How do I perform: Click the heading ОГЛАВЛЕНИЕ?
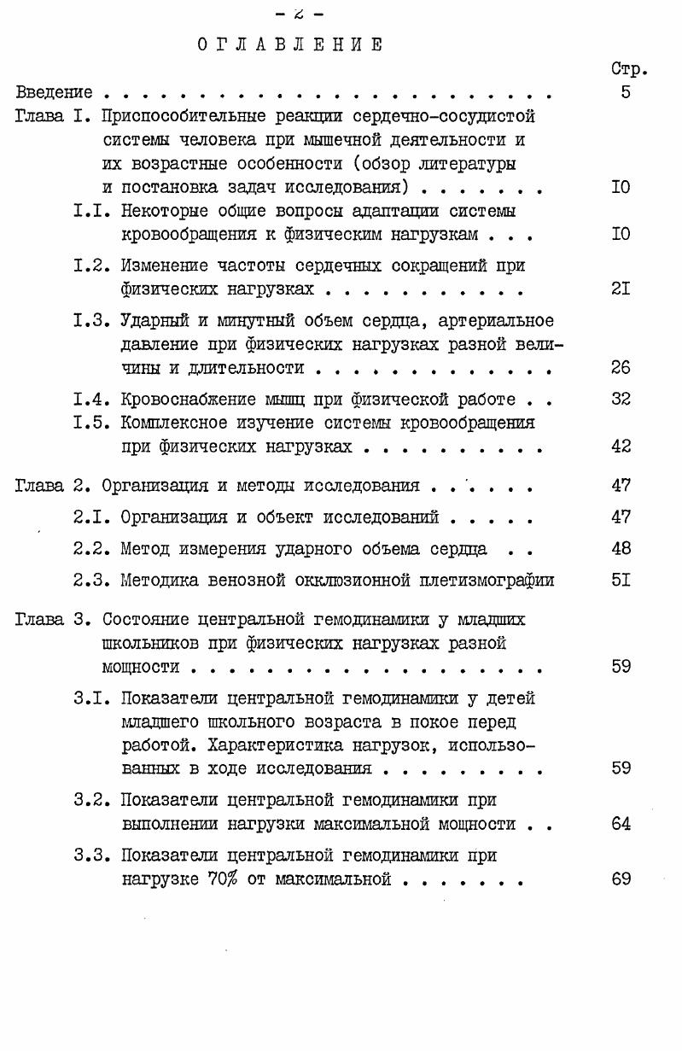coord(289,44)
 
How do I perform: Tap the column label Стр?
coord(630,69)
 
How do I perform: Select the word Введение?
coord(55,92)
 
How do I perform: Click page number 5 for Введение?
coord(626,92)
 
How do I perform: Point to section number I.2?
coord(91,266)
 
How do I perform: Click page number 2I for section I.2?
coord(621,289)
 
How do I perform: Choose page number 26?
coord(621,369)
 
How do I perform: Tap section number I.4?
coord(91,400)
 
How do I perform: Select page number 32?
coord(621,400)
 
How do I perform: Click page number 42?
coord(621,447)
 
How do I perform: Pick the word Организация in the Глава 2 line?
coord(151,487)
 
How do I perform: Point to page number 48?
coord(621,549)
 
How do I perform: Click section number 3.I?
coord(91,698)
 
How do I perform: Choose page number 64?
coord(621,824)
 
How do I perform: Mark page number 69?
coord(621,879)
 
